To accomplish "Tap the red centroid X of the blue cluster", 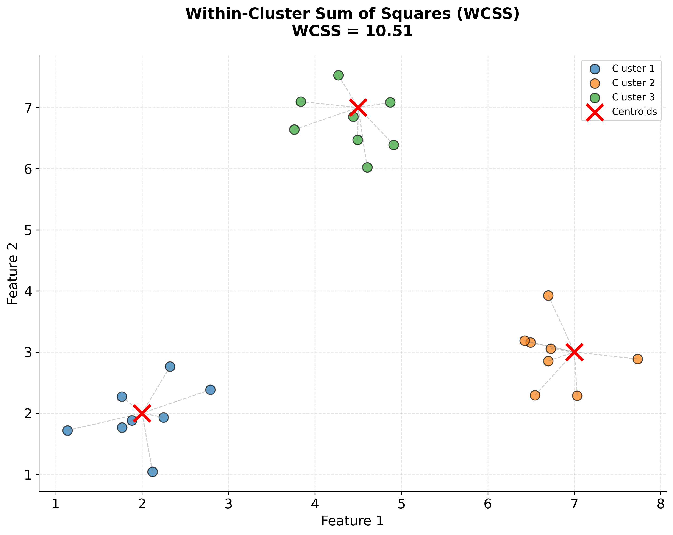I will click(142, 413).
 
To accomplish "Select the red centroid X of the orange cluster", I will click(574, 352).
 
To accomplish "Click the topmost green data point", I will click(338, 75).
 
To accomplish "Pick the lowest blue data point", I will click(152, 472).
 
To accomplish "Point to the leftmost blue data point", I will click(67, 430).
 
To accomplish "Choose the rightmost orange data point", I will click(638, 359).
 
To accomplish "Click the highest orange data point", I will click(548, 295).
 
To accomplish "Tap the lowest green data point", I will click(367, 168).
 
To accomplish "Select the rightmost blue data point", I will click(210, 390).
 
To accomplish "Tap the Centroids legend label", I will click(634, 112).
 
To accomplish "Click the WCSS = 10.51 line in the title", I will click(352, 31).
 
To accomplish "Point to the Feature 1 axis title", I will click(352, 521).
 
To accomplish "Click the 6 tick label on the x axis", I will click(488, 504).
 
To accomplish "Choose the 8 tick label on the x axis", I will click(660, 504).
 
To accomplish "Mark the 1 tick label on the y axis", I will click(28, 475).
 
